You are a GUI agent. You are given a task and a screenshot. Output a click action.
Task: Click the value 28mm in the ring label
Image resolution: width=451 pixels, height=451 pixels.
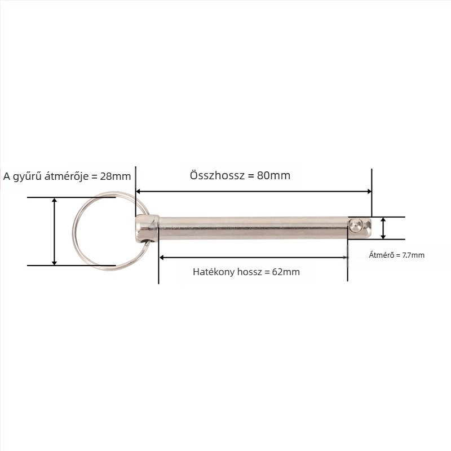click(x=116, y=176)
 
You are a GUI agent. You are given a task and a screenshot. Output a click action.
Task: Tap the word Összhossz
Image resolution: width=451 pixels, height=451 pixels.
click(x=217, y=175)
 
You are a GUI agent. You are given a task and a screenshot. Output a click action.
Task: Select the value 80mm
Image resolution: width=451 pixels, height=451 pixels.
click(x=273, y=175)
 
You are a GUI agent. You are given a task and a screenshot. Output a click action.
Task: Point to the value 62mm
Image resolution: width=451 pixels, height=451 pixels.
click(x=286, y=272)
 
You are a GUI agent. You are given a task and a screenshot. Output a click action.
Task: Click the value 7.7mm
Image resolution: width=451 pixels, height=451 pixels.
click(x=413, y=255)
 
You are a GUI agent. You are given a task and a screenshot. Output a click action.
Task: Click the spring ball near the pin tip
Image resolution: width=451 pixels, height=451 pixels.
click(x=356, y=224)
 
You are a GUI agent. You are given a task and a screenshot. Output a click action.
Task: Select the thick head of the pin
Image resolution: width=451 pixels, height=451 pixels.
click(x=147, y=228)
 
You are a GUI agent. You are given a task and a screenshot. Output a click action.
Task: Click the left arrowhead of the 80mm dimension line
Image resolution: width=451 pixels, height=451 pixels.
click(x=138, y=192)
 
